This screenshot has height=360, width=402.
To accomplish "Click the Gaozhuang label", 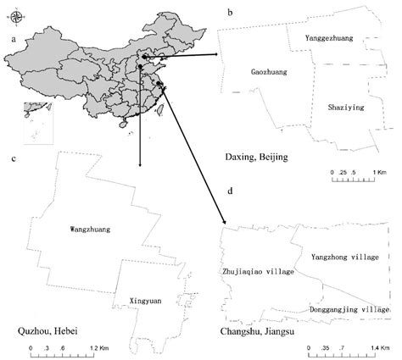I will [269, 73].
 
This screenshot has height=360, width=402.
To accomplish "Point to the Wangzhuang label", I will [92, 229].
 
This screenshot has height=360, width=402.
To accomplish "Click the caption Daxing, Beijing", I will [257, 158].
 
